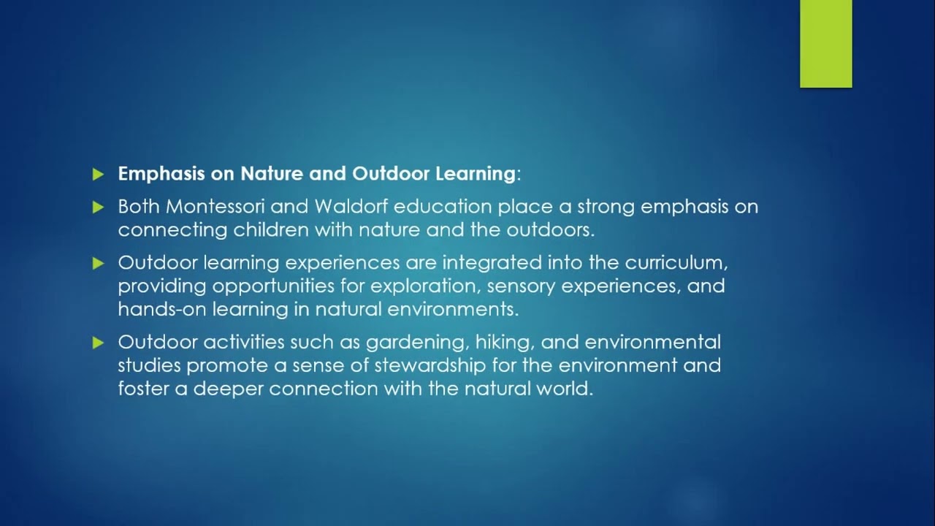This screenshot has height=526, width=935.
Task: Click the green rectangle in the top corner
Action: point(825,44)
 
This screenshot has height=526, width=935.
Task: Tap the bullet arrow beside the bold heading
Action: point(99,175)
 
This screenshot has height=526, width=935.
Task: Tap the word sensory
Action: point(519,286)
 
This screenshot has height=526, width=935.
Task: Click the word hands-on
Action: point(162,309)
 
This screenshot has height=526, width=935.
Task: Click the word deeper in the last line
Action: point(228,389)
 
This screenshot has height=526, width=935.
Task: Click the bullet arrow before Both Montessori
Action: point(99,207)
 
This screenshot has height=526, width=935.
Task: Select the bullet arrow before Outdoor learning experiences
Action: point(99,263)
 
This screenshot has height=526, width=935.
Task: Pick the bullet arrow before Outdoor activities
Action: point(99,343)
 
